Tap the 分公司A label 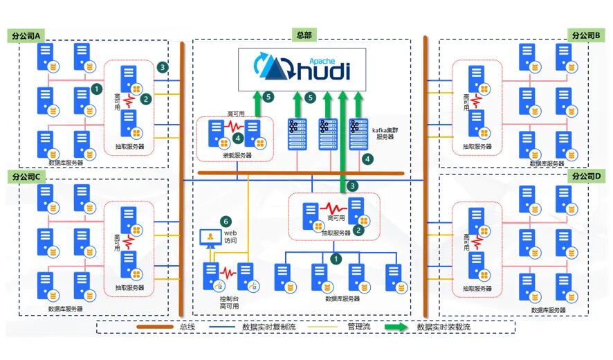click(26, 35)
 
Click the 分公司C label click(26, 175)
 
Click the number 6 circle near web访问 click(225, 222)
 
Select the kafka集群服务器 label click(385, 132)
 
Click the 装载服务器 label click(237, 156)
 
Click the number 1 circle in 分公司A click(96, 89)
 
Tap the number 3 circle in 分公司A click(162, 67)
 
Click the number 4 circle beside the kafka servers click(368, 159)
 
